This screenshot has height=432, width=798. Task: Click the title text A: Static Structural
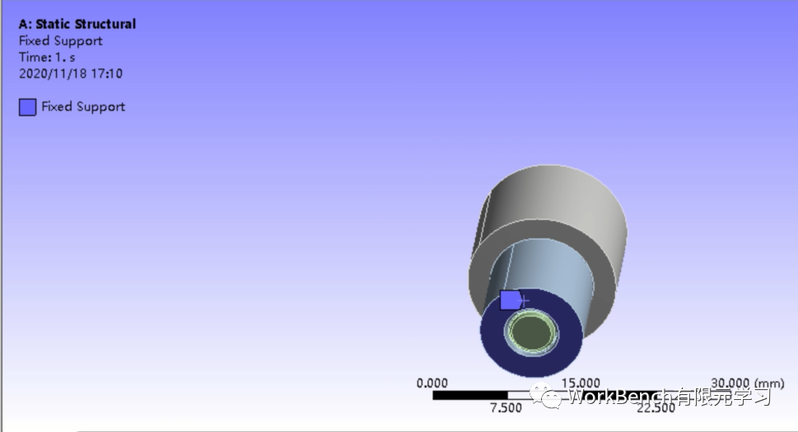click(x=77, y=24)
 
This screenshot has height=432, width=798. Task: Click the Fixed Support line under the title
click(x=60, y=40)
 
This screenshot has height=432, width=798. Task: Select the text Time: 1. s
click(x=46, y=57)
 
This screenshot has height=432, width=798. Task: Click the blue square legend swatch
click(x=28, y=107)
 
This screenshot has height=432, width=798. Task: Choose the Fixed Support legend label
click(x=83, y=106)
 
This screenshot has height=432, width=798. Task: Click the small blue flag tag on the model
click(x=511, y=300)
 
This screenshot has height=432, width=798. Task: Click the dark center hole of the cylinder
click(x=531, y=332)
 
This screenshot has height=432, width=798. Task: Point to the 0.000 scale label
click(x=432, y=383)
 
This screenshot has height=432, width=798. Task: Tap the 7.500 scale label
click(x=506, y=408)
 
